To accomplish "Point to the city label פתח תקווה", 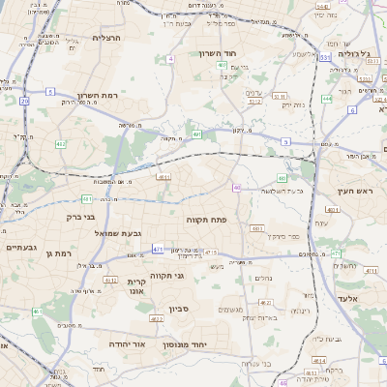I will pyautogui.click(x=206, y=220).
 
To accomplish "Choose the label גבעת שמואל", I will pyautogui.click(x=93, y=234).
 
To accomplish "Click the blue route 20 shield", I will pyautogui.click(x=24, y=101).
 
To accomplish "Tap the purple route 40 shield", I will pyautogui.click(x=236, y=187).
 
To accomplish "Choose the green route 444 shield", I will pyautogui.click(x=327, y=99).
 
